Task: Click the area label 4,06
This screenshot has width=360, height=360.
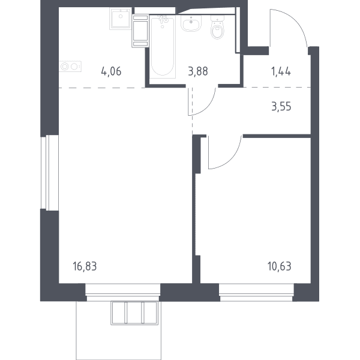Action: click(x=111, y=71)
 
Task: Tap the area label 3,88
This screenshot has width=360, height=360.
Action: click(x=198, y=71)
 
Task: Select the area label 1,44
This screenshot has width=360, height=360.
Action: click(x=281, y=71)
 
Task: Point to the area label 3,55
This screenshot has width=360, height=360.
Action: click(x=281, y=107)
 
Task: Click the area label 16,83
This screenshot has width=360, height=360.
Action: click(x=85, y=266)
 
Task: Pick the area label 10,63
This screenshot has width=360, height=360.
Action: click(x=280, y=266)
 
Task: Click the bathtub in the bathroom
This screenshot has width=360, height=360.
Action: click(x=163, y=46)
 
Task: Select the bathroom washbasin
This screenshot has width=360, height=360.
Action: click(x=191, y=23)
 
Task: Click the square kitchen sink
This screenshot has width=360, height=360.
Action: click(x=121, y=19)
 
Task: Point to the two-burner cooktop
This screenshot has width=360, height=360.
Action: click(x=70, y=67)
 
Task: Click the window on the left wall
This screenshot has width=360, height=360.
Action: click(x=50, y=173)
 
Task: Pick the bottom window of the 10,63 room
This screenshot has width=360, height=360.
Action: click(x=256, y=293)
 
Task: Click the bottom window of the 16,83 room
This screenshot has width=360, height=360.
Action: click(x=123, y=293)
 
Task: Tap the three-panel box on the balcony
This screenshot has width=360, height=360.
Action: click(x=134, y=313)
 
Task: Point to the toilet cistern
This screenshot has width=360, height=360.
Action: click(x=217, y=19)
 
